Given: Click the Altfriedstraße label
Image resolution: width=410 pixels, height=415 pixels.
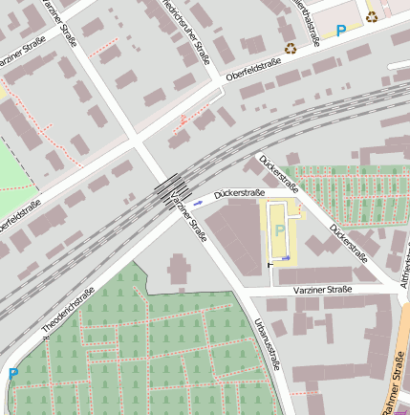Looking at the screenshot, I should (404, 267).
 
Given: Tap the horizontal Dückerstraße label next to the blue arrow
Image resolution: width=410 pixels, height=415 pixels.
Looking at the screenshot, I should (239, 193).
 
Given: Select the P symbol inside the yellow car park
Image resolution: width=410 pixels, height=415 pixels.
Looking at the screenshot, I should (279, 230).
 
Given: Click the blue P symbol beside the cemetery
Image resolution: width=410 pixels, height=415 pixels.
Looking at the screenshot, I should (12, 374).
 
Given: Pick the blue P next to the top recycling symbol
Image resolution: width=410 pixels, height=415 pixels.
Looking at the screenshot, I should (341, 31).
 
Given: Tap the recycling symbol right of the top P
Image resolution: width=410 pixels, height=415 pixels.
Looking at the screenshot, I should (372, 15).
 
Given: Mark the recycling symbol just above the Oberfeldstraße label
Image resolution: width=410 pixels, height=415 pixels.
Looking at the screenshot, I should (290, 47).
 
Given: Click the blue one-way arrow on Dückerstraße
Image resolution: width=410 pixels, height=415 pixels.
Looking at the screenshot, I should (198, 203).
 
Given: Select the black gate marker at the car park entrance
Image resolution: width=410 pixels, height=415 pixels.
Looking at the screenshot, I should (270, 265).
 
